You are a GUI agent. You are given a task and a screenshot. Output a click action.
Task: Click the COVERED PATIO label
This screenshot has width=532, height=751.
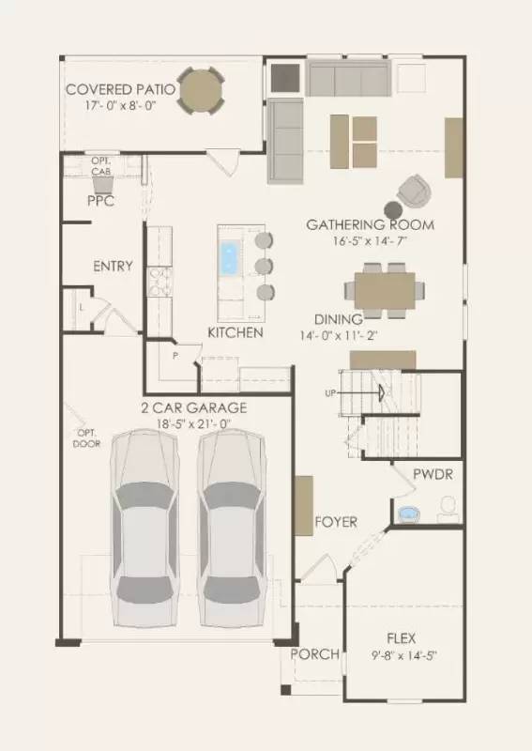120,89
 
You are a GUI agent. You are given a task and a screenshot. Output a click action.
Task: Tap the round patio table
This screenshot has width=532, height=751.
201,91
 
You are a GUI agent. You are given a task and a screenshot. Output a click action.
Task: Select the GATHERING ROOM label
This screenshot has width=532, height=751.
371,224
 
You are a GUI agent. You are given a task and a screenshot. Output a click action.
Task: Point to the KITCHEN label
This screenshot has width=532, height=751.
236,332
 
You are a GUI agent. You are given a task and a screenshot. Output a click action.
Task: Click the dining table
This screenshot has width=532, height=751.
385,291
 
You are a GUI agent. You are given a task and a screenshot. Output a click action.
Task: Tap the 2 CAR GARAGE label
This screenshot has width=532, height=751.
194,407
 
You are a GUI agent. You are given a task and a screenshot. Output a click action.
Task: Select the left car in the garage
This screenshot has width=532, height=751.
144,529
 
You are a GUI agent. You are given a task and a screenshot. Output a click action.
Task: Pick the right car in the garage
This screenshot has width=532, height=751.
232,529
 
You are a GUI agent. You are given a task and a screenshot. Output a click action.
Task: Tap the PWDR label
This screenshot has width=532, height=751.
433,474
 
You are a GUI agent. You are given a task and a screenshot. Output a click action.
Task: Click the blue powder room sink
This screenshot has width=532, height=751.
409,513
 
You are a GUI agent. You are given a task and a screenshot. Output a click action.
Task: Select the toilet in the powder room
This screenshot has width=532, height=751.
448,510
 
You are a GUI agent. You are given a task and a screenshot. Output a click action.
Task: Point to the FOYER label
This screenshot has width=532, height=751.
336,522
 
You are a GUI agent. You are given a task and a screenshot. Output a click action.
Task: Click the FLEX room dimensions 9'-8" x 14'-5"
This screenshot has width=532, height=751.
404,655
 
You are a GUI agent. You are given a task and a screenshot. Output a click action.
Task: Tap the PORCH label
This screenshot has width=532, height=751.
314,653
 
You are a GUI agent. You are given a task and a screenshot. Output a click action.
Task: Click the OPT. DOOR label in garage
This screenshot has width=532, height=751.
86,438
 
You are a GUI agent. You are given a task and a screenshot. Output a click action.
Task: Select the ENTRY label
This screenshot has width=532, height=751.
113,266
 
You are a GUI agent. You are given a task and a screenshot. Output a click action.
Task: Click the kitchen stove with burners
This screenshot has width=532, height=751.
159,282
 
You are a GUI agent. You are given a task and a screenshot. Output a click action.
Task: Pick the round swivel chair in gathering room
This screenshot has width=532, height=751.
414,192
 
